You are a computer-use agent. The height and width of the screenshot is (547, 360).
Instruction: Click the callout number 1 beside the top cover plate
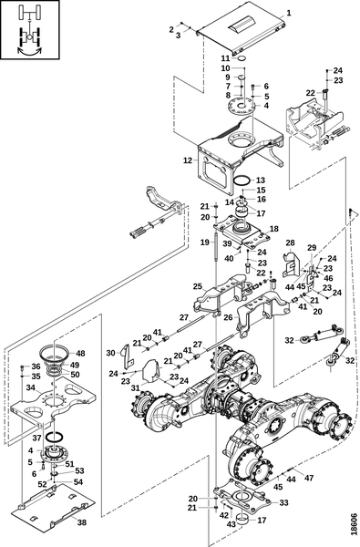pyautogui.click(x=288, y=12)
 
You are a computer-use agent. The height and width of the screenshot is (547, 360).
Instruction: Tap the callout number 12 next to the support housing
pyautogui.click(x=187, y=160)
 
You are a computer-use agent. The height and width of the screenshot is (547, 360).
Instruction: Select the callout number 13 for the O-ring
pyautogui.click(x=260, y=180)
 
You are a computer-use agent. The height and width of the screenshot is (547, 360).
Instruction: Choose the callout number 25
pyautogui.click(x=196, y=286)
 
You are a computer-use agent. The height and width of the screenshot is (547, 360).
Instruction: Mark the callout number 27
pyautogui.click(x=183, y=316)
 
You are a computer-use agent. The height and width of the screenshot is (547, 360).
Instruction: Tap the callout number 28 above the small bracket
pyautogui.click(x=290, y=243)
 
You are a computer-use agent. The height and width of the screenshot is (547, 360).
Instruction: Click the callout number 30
pyautogui.click(x=111, y=352)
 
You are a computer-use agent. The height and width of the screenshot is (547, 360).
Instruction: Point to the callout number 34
pyautogui.click(x=30, y=387)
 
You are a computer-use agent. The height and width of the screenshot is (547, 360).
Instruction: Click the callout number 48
pyautogui.click(x=79, y=353)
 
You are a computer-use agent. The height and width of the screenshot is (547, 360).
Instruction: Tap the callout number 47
pyautogui.click(x=308, y=478)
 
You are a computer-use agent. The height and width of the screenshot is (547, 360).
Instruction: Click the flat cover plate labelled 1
pyautogui.click(x=232, y=33)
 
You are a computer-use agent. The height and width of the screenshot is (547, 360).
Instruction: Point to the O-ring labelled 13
pyautogui.click(x=239, y=182)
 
